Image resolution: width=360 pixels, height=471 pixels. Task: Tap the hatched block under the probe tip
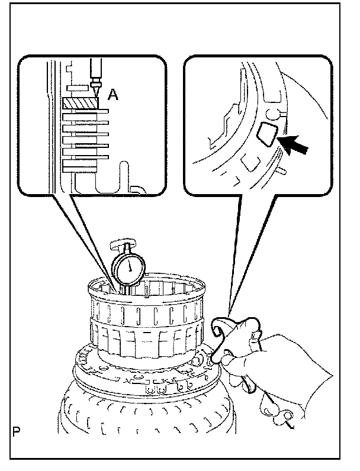pos(78,103)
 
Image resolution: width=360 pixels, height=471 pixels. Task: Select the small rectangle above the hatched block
pos(78,88)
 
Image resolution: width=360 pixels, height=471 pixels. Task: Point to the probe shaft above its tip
pos(95,74)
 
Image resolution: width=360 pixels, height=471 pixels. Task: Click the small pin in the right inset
pos(282,170)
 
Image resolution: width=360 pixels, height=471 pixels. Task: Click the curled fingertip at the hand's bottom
pos(273,408)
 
